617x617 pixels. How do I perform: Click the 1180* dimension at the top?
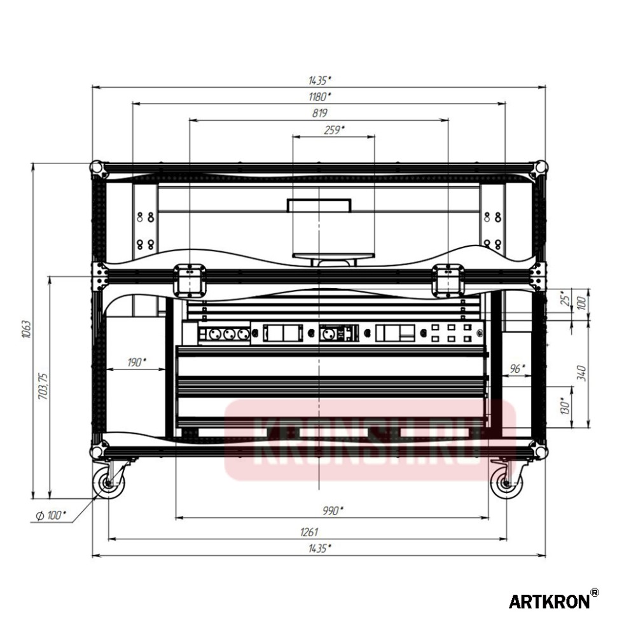coord(319,97)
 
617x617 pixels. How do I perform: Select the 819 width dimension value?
coord(319,113)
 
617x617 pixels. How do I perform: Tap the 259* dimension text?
coord(334,130)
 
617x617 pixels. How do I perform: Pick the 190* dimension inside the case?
coord(136,363)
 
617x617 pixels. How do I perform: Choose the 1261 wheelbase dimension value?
coord(308,532)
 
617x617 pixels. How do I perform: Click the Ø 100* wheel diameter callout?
coord(50,515)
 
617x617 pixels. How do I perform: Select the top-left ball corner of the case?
coord(97,167)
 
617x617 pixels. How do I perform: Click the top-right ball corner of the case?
coord(540,167)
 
